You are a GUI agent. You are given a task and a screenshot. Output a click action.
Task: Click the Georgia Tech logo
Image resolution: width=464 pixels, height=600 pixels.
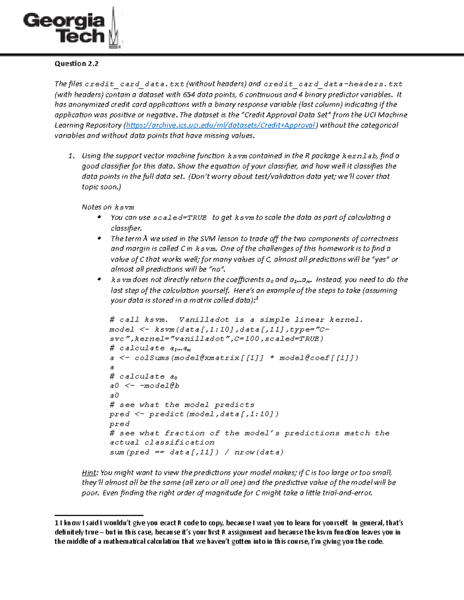tap(73, 28)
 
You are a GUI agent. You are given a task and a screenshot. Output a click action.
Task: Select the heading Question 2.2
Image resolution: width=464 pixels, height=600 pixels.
tap(77, 64)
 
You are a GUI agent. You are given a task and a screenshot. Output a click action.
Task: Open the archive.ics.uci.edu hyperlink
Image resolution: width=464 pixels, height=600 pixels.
tap(221, 125)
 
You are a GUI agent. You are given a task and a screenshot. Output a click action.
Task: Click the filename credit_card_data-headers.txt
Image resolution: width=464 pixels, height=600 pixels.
tap(333, 84)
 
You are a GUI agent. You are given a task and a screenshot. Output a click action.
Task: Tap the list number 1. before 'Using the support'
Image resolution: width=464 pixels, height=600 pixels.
tap(71, 156)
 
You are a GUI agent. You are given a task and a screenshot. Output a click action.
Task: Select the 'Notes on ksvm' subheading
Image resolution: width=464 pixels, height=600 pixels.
tap(108, 207)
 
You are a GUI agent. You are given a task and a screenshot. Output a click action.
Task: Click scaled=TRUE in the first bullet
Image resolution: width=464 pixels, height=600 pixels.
tap(180, 218)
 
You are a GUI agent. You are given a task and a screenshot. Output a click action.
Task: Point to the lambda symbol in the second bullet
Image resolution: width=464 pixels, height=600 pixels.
tap(145, 238)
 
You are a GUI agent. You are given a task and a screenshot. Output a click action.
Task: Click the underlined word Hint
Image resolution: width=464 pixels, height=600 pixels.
tap(89, 473)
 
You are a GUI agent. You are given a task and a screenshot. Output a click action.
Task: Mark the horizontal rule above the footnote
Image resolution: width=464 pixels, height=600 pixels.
tap(99, 515)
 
